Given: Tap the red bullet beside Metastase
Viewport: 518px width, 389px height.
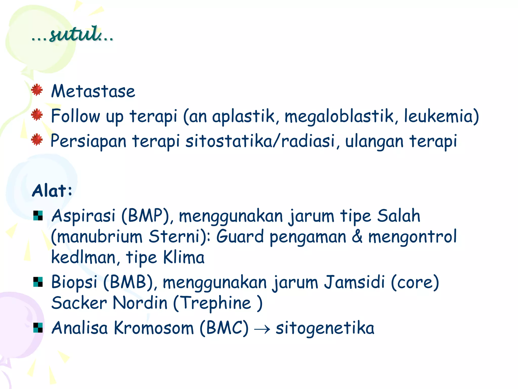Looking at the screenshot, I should (37, 90).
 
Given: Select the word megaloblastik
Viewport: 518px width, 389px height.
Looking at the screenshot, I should (339, 116).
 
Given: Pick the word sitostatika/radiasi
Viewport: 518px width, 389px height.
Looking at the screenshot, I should (261, 141).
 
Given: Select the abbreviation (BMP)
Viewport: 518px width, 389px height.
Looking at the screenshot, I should (146, 216).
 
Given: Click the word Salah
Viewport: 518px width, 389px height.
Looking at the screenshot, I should (399, 216).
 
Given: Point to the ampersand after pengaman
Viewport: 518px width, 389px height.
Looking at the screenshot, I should (357, 237).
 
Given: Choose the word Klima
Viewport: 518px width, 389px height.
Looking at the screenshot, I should (184, 257).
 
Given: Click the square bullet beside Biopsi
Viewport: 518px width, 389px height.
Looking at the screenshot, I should (38, 282).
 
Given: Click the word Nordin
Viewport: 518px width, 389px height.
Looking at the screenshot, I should (140, 303).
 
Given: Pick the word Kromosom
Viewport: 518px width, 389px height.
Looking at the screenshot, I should (154, 328).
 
